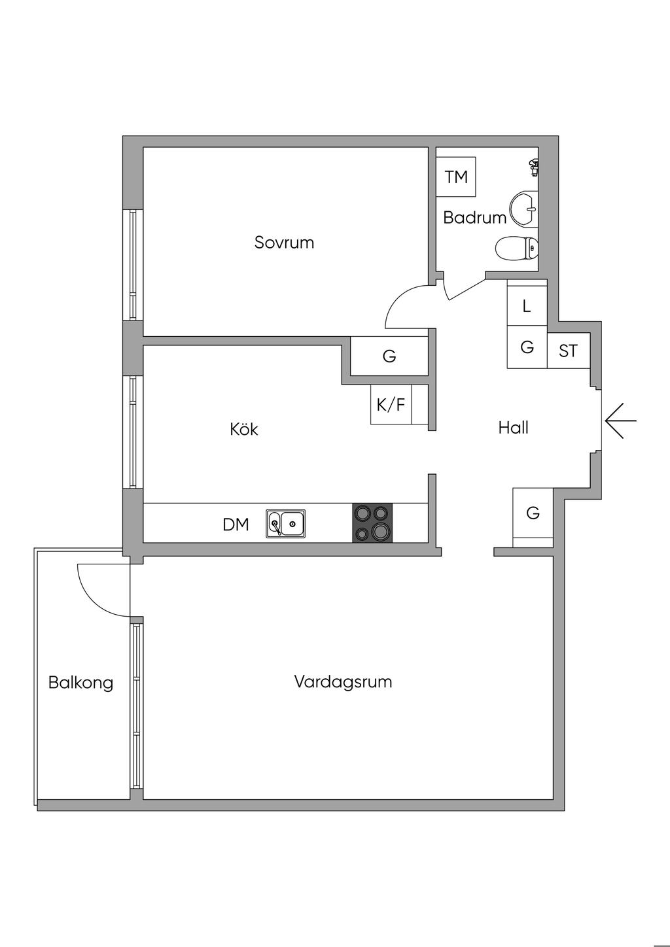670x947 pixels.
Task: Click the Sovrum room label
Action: click(x=284, y=243)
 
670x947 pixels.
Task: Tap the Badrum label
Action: click(x=474, y=218)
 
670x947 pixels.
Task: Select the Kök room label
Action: click(x=244, y=430)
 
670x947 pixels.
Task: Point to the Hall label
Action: click(x=513, y=428)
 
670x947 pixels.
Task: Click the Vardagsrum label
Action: click(x=343, y=682)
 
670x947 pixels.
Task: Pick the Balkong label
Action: click(x=80, y=683)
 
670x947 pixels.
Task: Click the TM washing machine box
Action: click(x=456, y=177)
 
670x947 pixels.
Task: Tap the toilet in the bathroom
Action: click(x=516, y=248)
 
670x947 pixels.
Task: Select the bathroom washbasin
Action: click(x=524, y=209)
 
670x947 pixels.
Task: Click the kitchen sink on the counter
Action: click(x=285, y=523)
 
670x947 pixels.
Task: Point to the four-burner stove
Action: click(x=373, y=523)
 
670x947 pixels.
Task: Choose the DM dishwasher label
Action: click(x=236, y=525)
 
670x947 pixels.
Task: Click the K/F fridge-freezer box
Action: click(x=391, y=405)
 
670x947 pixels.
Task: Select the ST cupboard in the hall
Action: click(x=568, y=351)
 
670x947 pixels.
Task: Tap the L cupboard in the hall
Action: click(x=527, y=306)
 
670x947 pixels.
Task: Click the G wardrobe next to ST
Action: click(x=527, y=347)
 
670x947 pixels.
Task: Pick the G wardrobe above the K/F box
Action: click(x=389, y=356)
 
